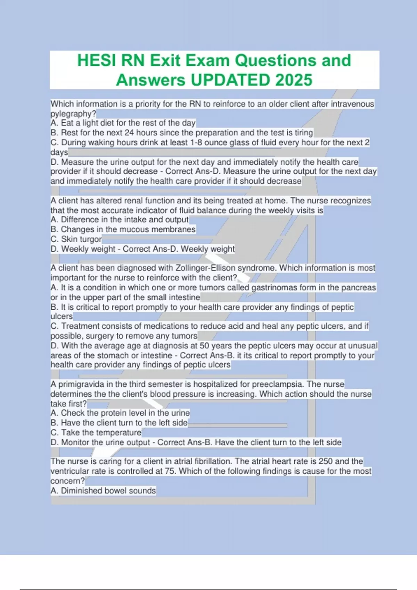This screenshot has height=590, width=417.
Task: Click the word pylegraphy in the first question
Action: coord(72,113)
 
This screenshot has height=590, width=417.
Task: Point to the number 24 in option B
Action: coord(129,133)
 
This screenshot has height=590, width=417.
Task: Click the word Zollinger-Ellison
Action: coord(205,268)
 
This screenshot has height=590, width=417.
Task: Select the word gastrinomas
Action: coord(273,287)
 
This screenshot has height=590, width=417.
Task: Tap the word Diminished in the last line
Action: coord(81,490)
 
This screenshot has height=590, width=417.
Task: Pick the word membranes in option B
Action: coord(174,229)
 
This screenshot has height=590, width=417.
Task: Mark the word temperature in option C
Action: coord(118,432)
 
